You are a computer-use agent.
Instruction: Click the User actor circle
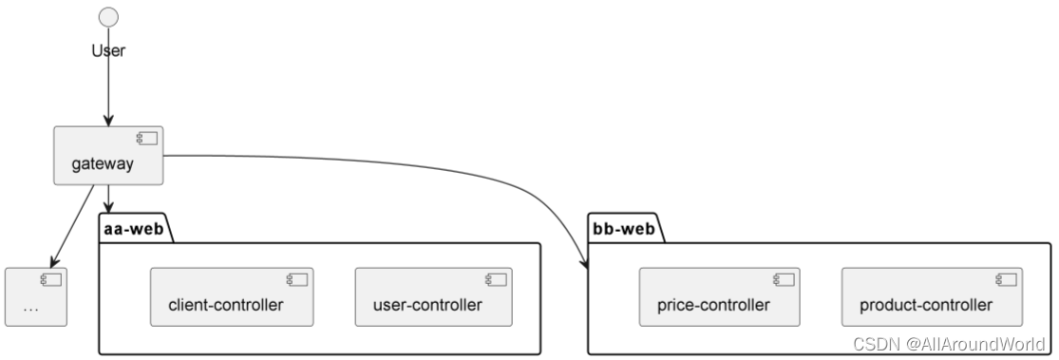point(109,16)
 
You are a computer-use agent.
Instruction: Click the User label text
point(108,50)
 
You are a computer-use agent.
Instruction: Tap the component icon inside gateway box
point(146,139)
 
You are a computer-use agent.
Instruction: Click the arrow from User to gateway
point(108,90)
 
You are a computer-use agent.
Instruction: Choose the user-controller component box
point(434,296)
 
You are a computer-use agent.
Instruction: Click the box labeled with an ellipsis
point(36,297)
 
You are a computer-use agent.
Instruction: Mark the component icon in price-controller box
point(784,279)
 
